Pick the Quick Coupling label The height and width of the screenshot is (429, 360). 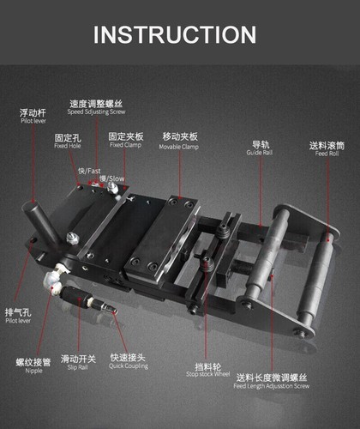(x=129, y=366)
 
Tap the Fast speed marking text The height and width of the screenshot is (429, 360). (x=89, y=172)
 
